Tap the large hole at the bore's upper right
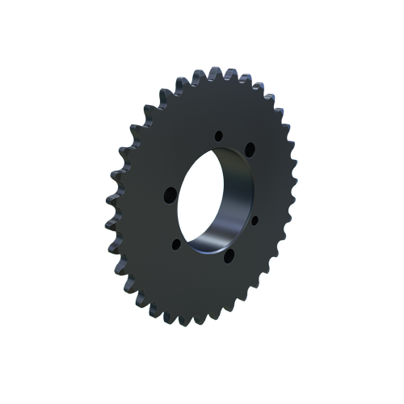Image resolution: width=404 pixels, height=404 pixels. [x=250, y=149]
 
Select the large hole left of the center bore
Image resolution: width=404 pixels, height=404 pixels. [x=170, y=194]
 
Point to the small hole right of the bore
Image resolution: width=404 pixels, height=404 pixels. [x=254, y=219]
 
